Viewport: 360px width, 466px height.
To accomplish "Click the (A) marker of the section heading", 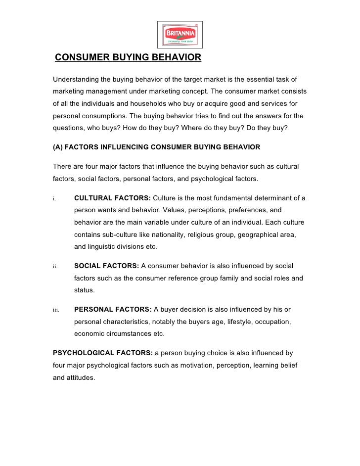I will coord(57,147).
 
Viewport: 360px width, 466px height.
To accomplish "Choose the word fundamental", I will coord(234,198).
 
